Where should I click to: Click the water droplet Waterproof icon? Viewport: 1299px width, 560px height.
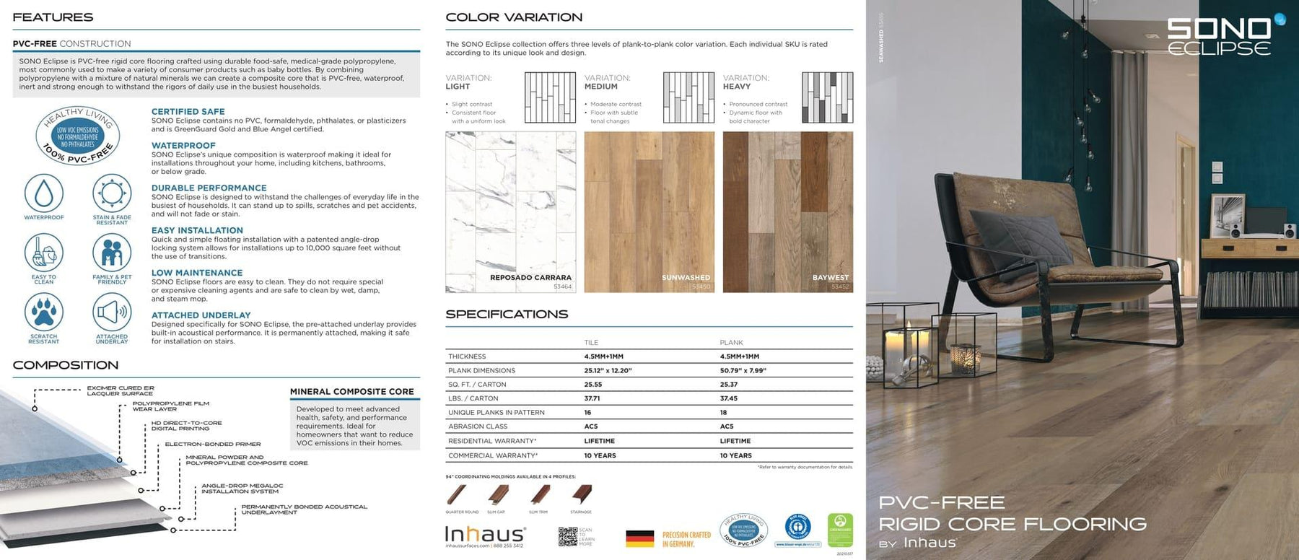44,193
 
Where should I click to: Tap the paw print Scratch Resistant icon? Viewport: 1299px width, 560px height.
44,312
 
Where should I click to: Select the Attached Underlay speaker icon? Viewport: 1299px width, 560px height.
112,312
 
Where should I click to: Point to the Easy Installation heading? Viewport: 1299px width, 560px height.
197,231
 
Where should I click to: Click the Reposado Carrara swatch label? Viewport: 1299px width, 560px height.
530,278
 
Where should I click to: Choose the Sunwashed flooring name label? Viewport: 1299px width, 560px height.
686,278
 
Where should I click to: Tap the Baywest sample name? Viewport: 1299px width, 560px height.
830,278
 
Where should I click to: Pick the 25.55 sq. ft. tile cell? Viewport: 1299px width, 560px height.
592,385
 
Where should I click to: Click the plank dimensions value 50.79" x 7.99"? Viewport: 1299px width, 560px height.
743,371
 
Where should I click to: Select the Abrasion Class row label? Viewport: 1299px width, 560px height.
477,426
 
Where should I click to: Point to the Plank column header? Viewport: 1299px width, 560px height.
731,343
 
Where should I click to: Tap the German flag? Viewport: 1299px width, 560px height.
639,538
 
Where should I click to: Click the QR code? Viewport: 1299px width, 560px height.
567,536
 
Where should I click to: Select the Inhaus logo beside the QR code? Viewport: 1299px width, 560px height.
484,535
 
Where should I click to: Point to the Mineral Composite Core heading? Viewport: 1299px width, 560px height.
351,392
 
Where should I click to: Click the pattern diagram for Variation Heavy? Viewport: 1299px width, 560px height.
827,97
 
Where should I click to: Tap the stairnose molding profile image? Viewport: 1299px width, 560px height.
582,495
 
